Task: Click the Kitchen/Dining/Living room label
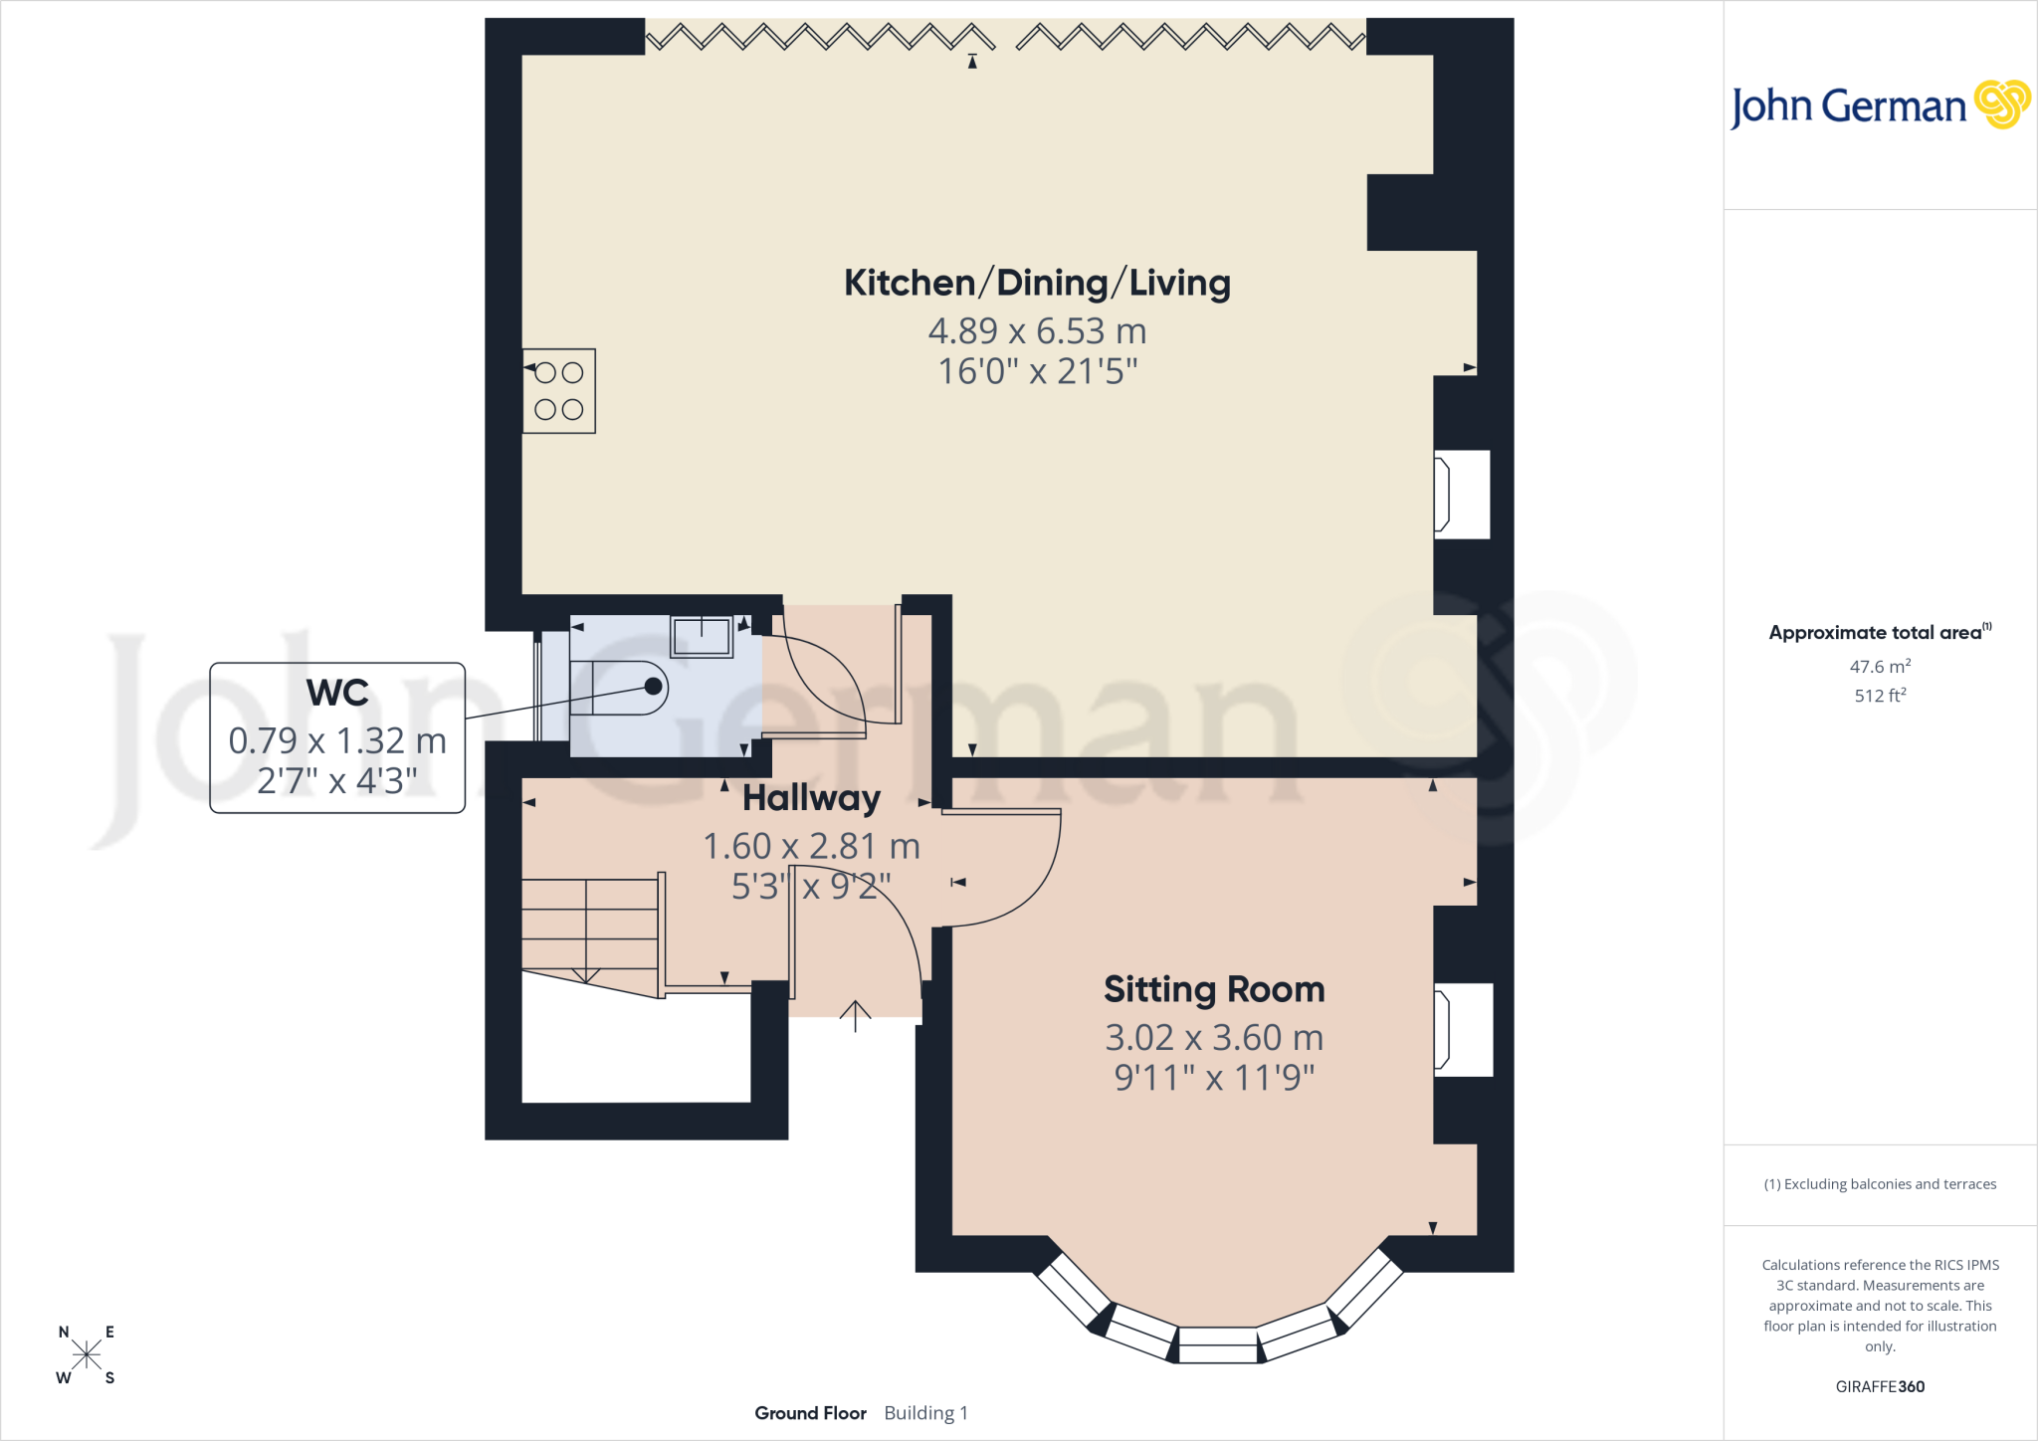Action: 1037,284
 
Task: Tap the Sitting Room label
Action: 1214,989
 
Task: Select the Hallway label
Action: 811,798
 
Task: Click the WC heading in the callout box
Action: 337,693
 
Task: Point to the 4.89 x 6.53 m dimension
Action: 1037,330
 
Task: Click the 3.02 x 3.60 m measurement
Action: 1214,1037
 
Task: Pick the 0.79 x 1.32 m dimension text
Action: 337,740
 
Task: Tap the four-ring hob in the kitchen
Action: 559,391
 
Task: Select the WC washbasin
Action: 703,636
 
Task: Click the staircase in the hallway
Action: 591,935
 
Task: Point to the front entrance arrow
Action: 855,1016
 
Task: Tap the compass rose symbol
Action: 87,1355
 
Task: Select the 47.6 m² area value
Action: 1880,666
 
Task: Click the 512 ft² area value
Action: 1880,695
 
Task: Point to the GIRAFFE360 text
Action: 1880,1386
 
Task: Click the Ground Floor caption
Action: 810,1413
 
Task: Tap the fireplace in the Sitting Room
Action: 1463,1030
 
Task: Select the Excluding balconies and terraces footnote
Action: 1880,1184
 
